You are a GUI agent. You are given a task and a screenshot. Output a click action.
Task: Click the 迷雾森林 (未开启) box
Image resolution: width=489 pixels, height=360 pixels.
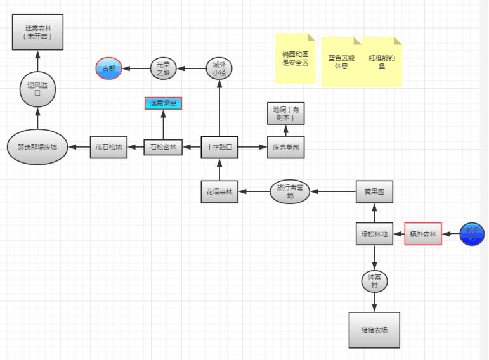coord(37,32)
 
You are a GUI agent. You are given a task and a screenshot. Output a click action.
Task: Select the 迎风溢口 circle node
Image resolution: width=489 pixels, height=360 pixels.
coord(37,89)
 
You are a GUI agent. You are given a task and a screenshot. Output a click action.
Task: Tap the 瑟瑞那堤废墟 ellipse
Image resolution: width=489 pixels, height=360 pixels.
coord(37,146)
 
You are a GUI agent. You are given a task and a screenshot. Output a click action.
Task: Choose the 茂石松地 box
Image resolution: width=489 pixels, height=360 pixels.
coord(108,146)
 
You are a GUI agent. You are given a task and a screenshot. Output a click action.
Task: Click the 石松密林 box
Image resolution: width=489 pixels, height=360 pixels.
coord(163,147)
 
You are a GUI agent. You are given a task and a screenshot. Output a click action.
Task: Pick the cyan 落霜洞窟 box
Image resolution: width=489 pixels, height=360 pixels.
coord(163,103)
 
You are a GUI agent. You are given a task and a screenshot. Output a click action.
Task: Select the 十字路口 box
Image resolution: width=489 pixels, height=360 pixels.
coord(219,147)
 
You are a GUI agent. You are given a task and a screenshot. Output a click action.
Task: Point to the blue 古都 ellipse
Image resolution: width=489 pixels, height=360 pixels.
coord(108,68)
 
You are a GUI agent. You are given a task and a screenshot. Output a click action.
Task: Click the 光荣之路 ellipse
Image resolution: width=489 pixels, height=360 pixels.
coord(164,68)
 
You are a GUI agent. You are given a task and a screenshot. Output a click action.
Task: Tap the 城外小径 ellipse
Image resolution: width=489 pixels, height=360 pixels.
coord(219,68)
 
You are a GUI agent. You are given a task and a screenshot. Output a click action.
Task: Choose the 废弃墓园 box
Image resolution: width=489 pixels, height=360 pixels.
coord(285,147)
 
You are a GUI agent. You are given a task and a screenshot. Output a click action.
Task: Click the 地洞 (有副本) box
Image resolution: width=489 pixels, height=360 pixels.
coord(285,113)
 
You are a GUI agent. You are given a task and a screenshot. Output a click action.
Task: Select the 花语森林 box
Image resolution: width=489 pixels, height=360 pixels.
coord(219,192)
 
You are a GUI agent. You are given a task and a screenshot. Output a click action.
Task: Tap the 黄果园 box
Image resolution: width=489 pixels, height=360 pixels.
coord(374,191)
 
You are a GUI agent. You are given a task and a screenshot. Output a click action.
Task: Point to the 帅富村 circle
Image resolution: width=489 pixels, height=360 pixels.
coord(374,281)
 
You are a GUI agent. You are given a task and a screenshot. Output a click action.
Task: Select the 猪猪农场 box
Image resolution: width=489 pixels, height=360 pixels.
coord(374,330)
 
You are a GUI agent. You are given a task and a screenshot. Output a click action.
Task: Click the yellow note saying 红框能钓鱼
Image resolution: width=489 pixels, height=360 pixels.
coord(382,62)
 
